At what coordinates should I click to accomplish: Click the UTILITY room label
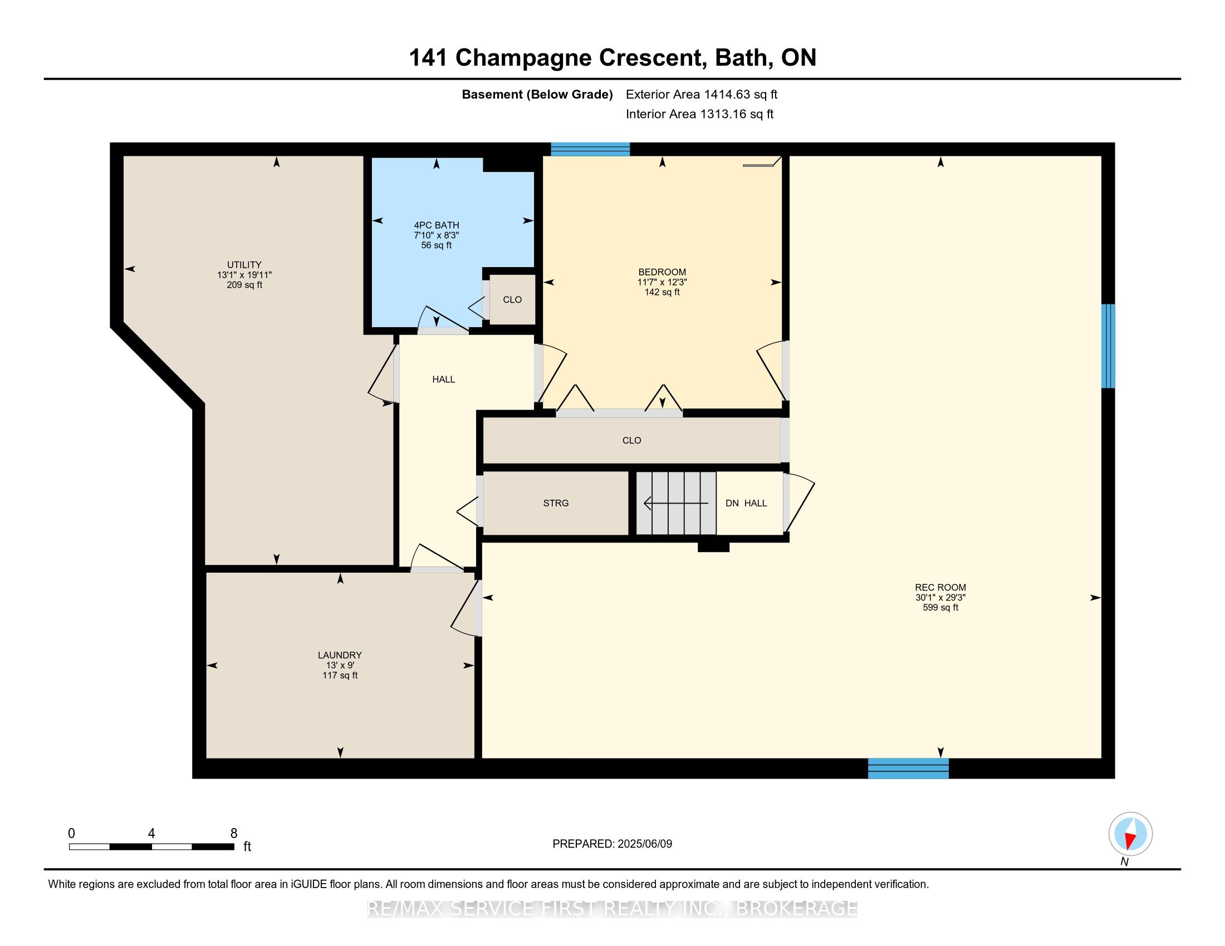(244, 264)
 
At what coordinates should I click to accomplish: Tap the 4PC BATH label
(437, 225)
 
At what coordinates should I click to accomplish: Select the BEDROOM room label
(662, 272)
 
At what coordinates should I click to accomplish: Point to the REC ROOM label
(940, 588)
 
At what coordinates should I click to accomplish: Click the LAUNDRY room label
(340, 655)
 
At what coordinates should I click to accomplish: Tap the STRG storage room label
(556, 503)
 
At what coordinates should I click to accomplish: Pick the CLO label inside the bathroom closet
(512, 300)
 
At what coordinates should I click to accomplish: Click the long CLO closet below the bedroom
(631, 441)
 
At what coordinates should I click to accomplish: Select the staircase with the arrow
(676, 503)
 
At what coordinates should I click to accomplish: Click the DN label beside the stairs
(732, 503)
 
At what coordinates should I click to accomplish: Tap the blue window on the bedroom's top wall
(590, 149)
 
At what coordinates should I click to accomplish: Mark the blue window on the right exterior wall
(1108, 346)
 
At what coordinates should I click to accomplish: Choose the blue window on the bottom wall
(908, 768)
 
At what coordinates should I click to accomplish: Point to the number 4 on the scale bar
(151, 834)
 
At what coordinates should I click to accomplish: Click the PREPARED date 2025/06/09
(644, 844)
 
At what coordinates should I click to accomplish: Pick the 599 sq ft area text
(940, 608)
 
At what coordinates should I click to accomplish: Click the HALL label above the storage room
(443, 380)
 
